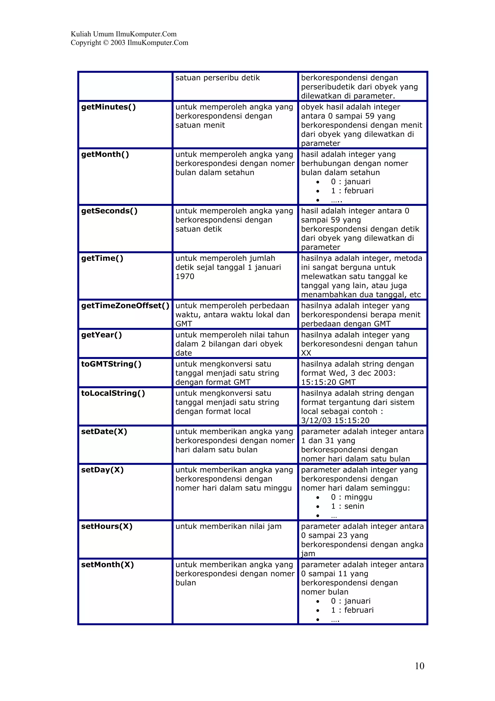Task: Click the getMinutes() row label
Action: click(x=108, y=107)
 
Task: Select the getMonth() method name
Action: click(x=105, y=155)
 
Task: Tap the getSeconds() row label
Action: click(x=109, y=211)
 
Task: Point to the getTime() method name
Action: click(x=102, y=258)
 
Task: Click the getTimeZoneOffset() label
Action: click(x=125, y=306)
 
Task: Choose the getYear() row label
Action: click(x=102, y=335)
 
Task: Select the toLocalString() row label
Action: click(x=113, y=393)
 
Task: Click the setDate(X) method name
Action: click(x=104, y=432)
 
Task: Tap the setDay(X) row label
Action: click(x=102, y=470)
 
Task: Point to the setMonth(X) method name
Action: click(x=107, y=565)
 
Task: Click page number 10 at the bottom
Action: click(x=419, y=666)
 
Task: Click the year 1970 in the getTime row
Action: click(x=185, y=277)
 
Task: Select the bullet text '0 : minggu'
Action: click(x=351, y=497)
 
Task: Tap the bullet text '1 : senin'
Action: click(x=347, y=507)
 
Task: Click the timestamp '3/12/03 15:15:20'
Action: click(x=335, y=421)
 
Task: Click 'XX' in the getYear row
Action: click(x=306, y=353)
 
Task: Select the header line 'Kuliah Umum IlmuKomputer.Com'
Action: click(x=124, y=34)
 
